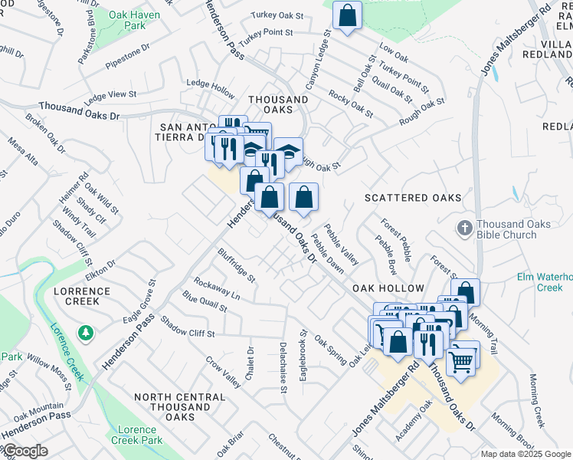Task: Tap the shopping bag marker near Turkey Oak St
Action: coord(347,15)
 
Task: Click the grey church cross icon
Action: coord(463,228)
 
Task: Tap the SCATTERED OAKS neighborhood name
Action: coord(413,198)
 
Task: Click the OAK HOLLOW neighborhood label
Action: coord(388,288)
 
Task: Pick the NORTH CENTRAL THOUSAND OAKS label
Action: coord(180,402)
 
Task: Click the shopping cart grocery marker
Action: coord(461,359)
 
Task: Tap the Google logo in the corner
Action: coord(25,452)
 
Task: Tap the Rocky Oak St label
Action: coord(350,104)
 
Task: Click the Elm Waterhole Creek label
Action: coord(539,281)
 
